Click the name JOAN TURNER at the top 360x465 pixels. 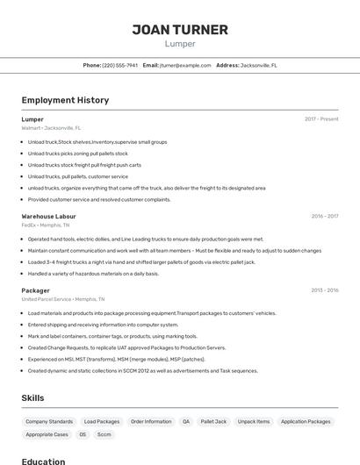point(180,30)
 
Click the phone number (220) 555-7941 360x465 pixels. point(120,65)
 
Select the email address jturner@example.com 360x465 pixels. point(185,65)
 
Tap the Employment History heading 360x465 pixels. point(65,100)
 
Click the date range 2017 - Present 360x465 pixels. point(321,119)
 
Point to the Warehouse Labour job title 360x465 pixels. point(48,216)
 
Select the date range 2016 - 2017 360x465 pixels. point(324,216)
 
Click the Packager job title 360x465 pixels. point(35,290)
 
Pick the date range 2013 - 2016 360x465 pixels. point(324,290)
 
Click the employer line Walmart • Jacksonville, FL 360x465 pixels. point(51,128)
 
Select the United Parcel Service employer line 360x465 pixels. point(62,299)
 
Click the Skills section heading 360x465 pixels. point(33,397)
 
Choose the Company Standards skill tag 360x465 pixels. point(49,422)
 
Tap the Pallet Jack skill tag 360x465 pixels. point(213,422)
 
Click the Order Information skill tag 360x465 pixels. point(151,422)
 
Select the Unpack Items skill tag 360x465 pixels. point(254,422)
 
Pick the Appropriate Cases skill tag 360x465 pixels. point(47,434)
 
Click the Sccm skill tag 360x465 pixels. point(104,434)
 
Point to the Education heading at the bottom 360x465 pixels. point(43,461)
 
